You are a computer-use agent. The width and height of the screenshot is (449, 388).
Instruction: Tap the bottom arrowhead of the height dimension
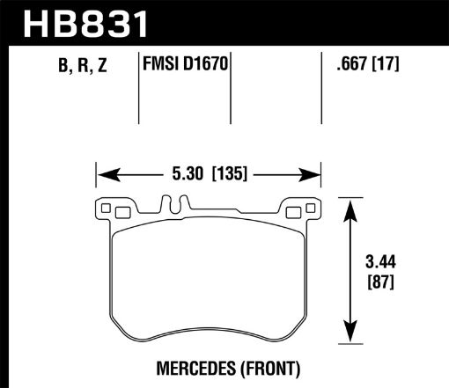coord(351,340)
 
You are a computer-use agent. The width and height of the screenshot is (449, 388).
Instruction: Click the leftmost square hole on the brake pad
coord(107,209)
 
